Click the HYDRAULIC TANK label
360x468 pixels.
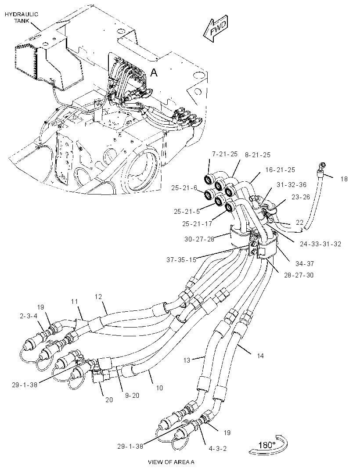21,18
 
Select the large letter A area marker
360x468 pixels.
154,72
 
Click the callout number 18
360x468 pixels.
344,179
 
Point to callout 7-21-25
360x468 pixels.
225,154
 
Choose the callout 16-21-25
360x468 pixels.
280,170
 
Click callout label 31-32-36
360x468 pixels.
292,185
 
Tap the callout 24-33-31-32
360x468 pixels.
320,244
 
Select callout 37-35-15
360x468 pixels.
181,259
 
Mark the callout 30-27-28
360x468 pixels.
199,239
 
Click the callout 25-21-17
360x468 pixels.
197,223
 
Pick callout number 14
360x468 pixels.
260,356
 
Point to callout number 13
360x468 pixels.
187,360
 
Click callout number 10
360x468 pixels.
159,388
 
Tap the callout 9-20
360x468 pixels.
132,395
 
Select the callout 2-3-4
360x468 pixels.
29,316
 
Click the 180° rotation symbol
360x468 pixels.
268,445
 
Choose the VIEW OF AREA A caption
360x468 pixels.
171,462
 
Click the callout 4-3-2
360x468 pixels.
218,449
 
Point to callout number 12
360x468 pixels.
98,297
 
